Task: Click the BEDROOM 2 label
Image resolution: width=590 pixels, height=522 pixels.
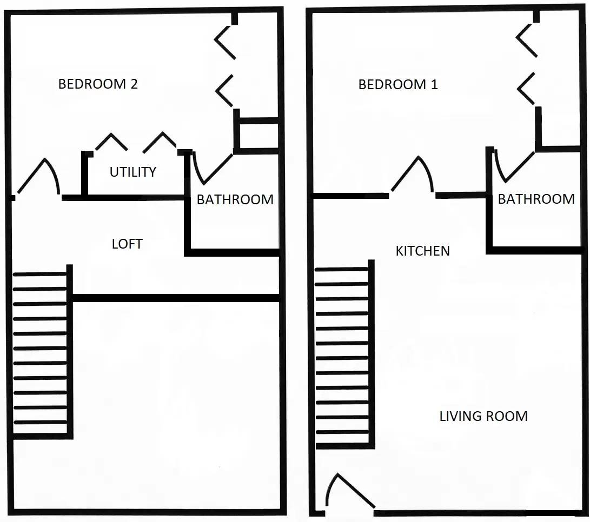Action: coord(98,84)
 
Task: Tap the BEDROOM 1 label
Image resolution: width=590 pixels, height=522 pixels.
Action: coord(398,85)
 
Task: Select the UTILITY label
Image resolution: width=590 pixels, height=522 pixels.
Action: coord(132,172)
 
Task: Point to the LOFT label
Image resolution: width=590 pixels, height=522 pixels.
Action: coord(127,244)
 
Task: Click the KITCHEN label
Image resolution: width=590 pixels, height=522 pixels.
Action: coord(422,251)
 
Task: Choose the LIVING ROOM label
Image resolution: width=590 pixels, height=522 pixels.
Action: coord(483,416)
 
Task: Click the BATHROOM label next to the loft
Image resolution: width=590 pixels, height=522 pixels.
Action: coord(235,199)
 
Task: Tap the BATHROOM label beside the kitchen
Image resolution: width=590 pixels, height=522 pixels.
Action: coord(536,199)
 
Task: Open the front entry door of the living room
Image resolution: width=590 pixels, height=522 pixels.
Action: coord(346,492)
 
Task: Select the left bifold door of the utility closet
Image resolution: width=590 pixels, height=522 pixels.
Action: coord(111,142)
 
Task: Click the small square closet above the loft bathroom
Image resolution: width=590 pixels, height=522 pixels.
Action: coord(258,135)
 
